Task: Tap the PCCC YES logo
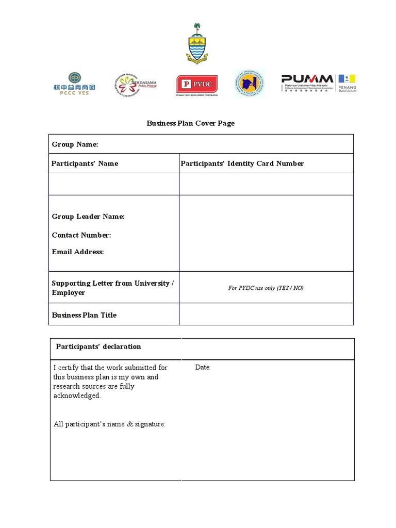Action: pyautogui.click(x=74, y=84)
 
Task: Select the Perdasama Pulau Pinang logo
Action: pyautogui.click(x=135, y=84)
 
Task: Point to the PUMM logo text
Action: pyautogui.click(x=307, y=79)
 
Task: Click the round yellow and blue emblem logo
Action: pyautogui.click(x=250, y=84)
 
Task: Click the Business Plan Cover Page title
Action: pyautogui.click(x=191, y=123)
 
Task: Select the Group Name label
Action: pyautogui.click(x=75, y=144)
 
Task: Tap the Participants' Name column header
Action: pyautogui.click(x=85, y=163)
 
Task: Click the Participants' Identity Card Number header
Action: pyautogui.click(x=242, y=163)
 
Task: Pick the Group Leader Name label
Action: pyautogui.click(x=88, y=217)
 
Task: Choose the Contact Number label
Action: pyautogui.click(x=81, y=235)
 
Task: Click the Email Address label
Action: pyautogui.click(x=78, y=252)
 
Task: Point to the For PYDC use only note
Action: pyautogui.click(x=266, y=288)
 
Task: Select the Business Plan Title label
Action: pyautogui.click(x=84, y=315)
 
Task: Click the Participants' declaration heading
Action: pyautogui.click(x=98, y=346)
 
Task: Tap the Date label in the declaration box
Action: pyautogui.click(x=203, y=368)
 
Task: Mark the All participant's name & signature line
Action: pyautogui.click(x=109, y=424)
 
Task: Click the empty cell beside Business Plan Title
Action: pyautogui.click(x=266, y=315)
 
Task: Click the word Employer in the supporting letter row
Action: pyautogui.click(x=69, y=293)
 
